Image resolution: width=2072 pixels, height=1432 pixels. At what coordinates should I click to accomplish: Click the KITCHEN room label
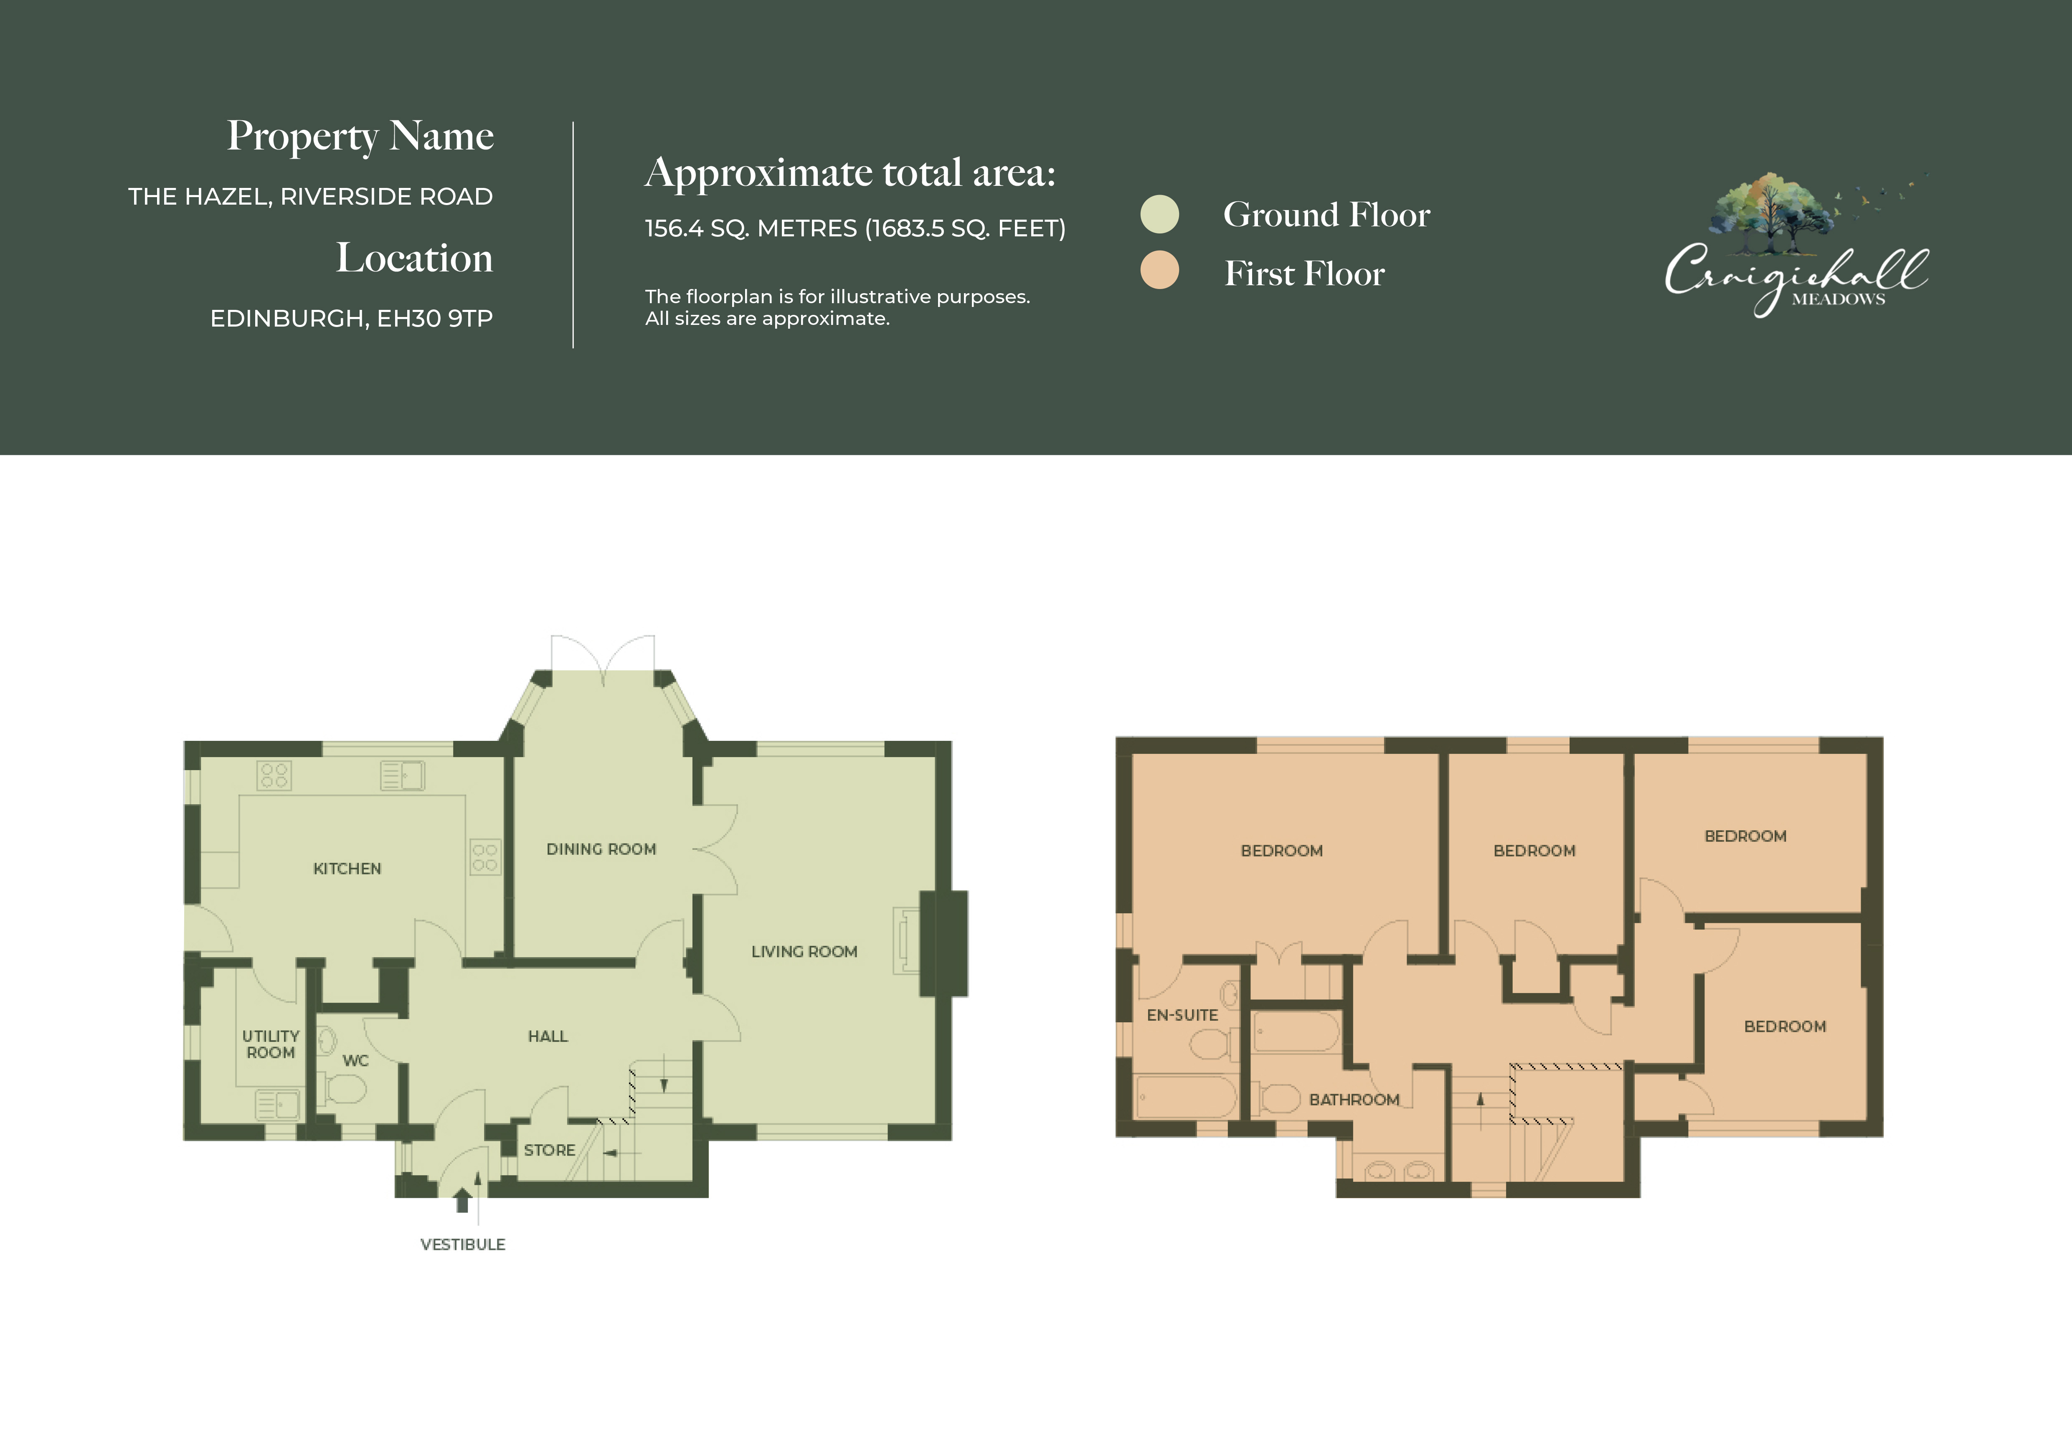pos(347,869)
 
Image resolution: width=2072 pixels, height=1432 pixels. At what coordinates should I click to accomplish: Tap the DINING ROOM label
pos(601,849)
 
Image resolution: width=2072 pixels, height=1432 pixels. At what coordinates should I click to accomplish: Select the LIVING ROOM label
pos(804,951)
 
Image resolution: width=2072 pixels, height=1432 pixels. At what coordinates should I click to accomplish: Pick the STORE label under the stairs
pos(549,1150)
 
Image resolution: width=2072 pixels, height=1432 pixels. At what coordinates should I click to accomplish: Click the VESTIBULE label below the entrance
pos(463,1244)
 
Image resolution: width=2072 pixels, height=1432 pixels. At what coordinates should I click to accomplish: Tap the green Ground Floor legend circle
pos(1159,214)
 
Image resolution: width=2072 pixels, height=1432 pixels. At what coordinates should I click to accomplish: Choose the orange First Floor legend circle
pos(1159,270)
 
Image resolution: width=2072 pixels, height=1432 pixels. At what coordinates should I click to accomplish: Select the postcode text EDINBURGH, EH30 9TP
pos(351,319)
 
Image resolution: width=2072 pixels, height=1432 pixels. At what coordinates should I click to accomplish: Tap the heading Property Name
pos(360,135)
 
